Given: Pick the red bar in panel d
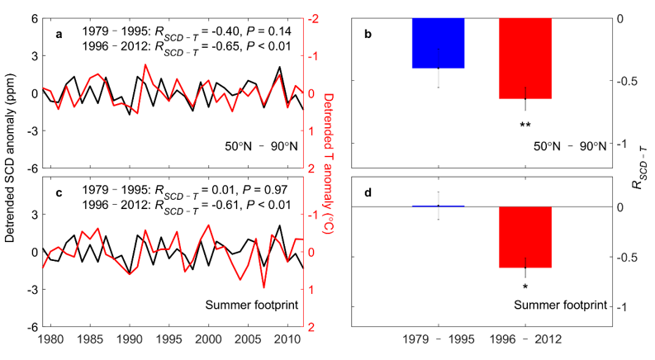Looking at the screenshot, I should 525,237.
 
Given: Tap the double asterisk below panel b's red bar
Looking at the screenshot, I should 525,126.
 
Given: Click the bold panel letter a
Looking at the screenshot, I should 58,34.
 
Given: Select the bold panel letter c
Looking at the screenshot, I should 58,196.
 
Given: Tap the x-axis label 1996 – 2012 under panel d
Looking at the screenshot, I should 525,340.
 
